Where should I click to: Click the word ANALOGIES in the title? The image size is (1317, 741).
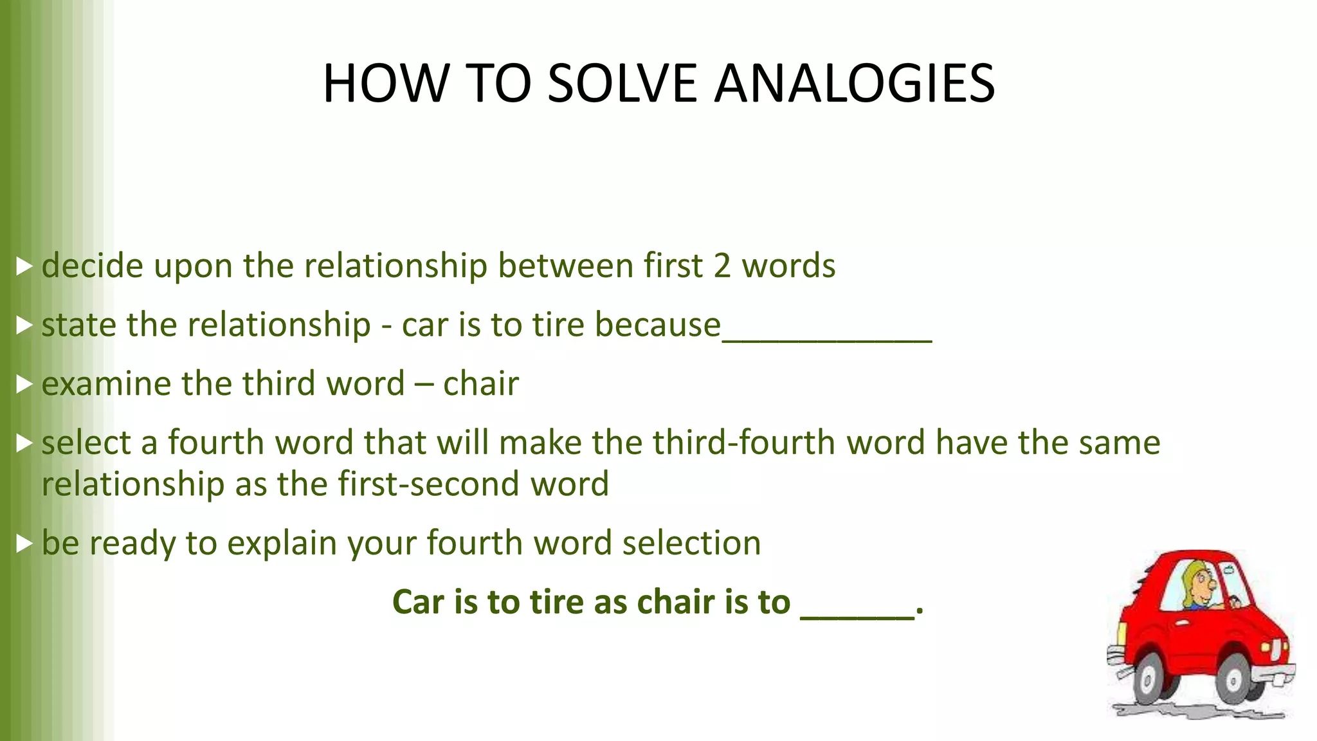[855, 83]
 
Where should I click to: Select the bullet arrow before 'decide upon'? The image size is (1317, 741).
[24, 266]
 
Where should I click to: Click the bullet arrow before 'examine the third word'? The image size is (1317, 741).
[24, 384]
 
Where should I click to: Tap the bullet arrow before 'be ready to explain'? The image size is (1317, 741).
[24, 544]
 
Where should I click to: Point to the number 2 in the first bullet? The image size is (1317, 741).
[722, 266]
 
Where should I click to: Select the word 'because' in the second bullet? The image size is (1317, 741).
[657, 324]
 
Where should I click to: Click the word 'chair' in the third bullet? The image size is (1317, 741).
[480, 384]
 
